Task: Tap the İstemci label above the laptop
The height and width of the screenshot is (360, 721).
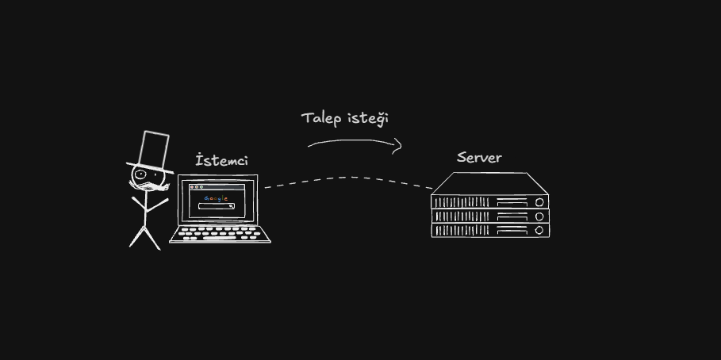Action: tap(222, 160)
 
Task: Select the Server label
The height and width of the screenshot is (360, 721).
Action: tap(479, 158)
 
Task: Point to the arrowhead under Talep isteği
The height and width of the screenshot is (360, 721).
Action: tap(398, 146)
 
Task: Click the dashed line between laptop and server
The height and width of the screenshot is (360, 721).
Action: tap(348, 178)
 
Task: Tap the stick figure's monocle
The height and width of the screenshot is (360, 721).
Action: tap(140, 174)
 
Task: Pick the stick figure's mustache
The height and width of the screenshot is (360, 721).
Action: tap(149, 186)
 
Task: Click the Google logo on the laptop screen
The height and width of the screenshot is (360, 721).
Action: tap(216, 198)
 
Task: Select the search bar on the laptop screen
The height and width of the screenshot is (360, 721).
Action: tap(216, 206)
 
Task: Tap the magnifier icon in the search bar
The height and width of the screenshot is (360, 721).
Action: tap(232, 206)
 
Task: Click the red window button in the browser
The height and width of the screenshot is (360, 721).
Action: tap(192, 187)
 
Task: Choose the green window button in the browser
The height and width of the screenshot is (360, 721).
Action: tap(201, 187)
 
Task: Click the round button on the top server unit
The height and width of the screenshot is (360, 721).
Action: tap(539, 202)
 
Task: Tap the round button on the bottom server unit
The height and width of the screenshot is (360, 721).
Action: tap(539, 230)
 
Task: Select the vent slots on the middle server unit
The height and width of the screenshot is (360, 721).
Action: tap(462, 216)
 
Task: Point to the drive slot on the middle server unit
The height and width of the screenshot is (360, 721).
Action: tap(512, 216)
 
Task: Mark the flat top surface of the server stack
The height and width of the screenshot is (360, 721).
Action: tap(489, 183)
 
